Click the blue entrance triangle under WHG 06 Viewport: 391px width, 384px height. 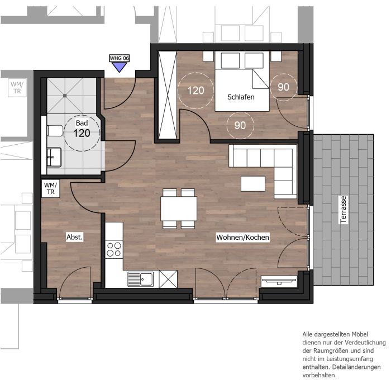[x=119, y=66]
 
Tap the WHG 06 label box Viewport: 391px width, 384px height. [x=119, y=58]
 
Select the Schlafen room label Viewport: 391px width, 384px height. [x=241, y=97]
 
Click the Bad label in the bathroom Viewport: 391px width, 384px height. [x=82, y=123]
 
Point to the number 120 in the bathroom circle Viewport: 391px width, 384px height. [x=82, y=133]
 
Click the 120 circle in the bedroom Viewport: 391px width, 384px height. [x=195, y=91]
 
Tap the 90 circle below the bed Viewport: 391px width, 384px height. [x=240, y=125]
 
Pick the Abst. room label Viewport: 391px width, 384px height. [x=74, y=237]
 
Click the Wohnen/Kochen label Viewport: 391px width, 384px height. [x=242, y=238]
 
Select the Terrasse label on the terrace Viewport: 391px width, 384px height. [x=344, y=210]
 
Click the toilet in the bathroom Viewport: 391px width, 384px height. [x=55, y=130]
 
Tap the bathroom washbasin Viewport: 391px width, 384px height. [x=54, y=157]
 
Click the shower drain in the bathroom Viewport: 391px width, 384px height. [x=65, y=96]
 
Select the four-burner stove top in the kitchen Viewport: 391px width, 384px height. [x=114, y=249]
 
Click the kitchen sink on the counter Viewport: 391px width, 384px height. [x=141, y=279]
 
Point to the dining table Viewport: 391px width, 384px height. [x=179, y=208]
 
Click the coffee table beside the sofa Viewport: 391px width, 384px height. [x=253, y=184]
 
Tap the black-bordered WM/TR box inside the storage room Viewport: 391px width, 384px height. [x=51, y=188]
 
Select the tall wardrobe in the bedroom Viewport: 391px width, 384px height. [x=168, y=95]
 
